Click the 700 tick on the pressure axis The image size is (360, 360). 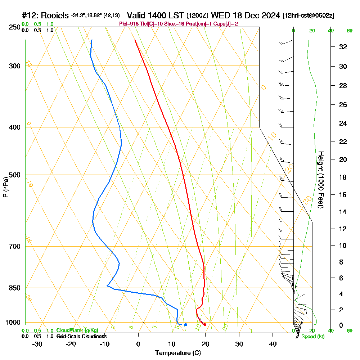14,246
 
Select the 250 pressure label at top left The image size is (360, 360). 14,27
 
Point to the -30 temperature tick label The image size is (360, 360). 37,344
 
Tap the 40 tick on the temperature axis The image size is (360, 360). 273,344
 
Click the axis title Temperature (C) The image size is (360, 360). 178,353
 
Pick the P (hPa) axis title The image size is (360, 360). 5,187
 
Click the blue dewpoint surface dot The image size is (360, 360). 185,325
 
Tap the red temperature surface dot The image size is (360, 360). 205,325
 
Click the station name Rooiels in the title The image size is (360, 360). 54,15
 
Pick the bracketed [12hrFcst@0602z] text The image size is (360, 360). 309,16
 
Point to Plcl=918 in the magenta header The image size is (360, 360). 130,24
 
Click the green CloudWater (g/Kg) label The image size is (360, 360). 77,330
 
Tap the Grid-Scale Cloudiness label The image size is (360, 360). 81,336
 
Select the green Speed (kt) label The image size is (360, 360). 312,337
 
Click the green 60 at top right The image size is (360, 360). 349,31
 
